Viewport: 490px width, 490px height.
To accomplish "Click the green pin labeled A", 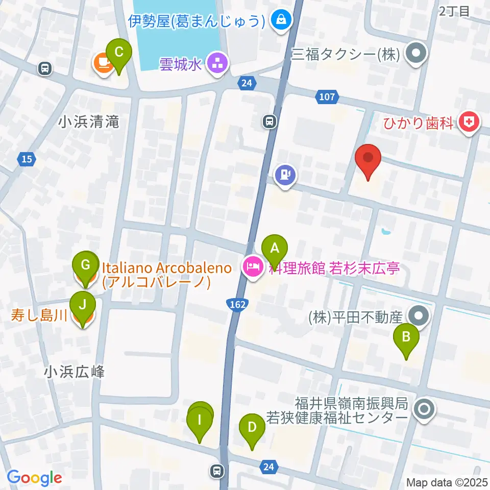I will [275, 249].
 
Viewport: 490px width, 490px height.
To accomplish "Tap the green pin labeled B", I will [406, 336].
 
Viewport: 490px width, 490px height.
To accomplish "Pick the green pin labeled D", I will [252, 427].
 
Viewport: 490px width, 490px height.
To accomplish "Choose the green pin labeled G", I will [86, 264].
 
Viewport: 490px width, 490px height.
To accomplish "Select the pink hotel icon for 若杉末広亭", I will [253, 266].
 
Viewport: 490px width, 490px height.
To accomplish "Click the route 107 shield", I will [328, 96].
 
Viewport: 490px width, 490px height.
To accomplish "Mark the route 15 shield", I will [27, 159].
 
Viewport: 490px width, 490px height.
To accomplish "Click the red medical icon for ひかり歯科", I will [468, 122].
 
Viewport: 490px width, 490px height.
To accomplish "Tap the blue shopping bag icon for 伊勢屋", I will [281, 20].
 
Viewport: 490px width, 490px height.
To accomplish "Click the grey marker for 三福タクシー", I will [416, 54].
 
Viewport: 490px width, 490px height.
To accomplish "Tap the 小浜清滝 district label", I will [88, 122].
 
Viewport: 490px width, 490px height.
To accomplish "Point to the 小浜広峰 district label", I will [74, 372].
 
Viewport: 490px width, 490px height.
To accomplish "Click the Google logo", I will [34, 478].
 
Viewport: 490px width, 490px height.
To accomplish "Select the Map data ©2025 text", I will [447, 482].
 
